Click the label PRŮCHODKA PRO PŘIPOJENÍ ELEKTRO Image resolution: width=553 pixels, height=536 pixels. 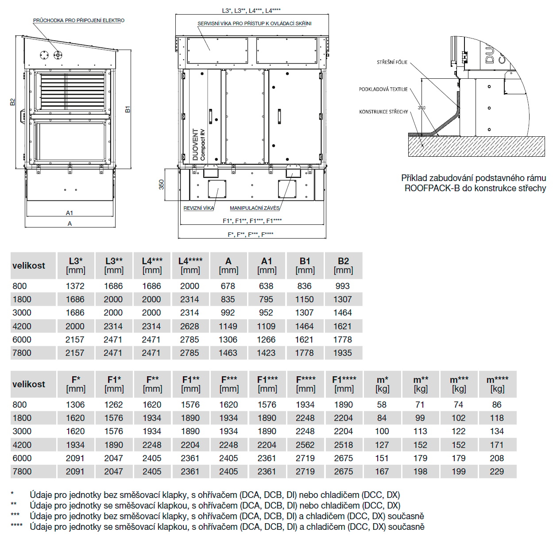[79, 20]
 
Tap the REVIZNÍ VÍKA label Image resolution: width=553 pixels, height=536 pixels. [199, 208]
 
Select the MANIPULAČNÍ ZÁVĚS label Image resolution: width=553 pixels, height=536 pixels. [255, 208]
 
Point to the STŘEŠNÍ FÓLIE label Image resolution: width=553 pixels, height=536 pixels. [392, 62]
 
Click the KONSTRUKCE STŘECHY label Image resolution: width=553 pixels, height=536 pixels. [383, 112]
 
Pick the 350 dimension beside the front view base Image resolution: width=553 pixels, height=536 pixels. [162, 184]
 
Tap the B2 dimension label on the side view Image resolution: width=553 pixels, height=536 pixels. [13, 102]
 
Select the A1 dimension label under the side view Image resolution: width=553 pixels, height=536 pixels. [70, 213]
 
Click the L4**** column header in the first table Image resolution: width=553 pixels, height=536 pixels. [190, 265]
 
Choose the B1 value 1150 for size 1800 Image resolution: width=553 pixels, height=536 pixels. [305, 300]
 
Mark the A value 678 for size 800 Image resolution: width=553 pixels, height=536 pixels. [228, 286]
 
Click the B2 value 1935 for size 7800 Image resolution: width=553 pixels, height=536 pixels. [343, 353]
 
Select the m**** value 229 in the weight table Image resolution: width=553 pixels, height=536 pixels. [497, 472]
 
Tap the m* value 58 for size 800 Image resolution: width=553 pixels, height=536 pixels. [382, 405]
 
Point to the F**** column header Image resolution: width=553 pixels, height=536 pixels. [306, 384]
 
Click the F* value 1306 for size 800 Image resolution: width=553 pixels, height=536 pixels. [75, 405]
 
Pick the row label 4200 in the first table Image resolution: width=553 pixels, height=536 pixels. [22, 327]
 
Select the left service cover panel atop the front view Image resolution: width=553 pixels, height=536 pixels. [217, 51]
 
